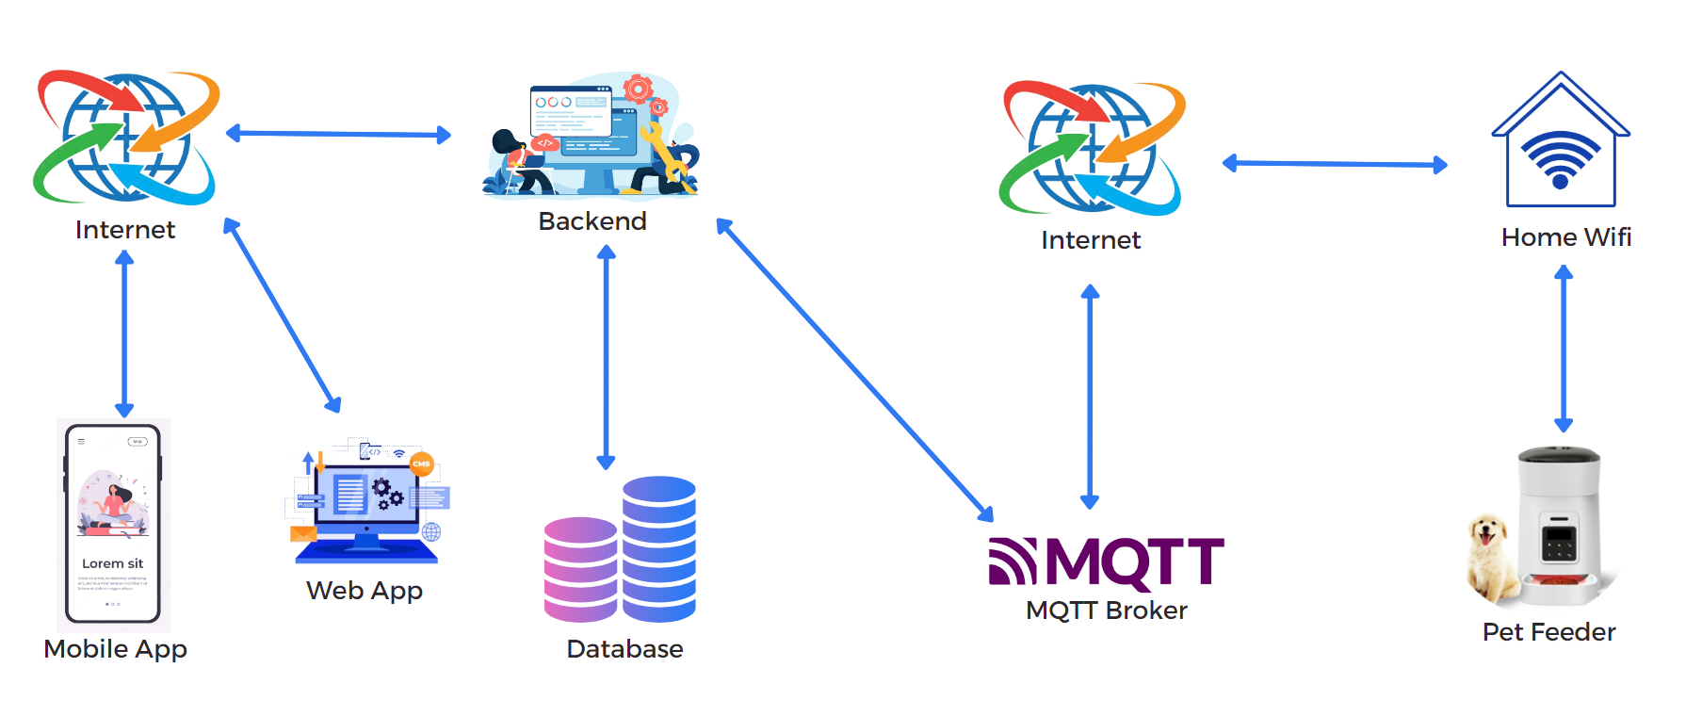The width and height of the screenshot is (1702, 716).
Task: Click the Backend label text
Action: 592,221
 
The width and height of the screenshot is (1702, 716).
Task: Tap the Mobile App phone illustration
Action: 113,524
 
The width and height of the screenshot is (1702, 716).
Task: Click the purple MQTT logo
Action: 1106,561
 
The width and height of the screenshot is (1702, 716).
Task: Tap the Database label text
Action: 624,649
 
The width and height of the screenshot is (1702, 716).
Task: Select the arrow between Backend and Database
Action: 606,357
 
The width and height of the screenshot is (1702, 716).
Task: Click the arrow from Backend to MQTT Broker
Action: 854,369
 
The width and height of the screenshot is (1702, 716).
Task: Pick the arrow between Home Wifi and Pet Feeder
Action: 1564,349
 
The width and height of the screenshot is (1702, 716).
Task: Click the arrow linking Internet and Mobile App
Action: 124,334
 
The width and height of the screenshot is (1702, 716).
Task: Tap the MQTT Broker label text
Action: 1106,610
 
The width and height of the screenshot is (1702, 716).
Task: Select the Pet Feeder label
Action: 1548,632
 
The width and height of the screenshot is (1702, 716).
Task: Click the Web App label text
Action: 365,591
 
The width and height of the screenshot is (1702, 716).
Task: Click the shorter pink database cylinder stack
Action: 580,569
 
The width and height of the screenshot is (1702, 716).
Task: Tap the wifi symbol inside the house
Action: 1561,158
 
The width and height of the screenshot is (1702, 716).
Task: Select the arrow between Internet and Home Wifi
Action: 1334,164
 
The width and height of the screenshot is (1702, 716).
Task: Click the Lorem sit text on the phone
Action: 112,563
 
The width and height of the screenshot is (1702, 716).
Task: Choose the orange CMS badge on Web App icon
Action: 421,464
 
